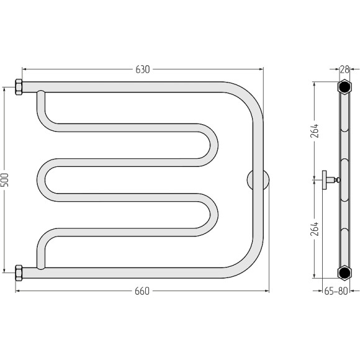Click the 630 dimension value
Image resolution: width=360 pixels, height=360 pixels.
[143, 70]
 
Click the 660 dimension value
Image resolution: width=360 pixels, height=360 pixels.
[142, 291]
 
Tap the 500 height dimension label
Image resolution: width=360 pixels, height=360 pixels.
[4, 180]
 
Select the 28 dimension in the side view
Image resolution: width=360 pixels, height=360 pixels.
[344, 70]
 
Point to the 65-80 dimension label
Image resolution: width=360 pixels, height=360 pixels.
[336, 291]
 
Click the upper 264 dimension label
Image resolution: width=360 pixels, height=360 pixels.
[314, 130]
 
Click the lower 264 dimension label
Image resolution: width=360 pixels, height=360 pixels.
[314, 229]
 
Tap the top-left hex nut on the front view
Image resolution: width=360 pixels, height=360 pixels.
[19, 87]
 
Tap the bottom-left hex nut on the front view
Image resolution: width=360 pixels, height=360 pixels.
[19, 272]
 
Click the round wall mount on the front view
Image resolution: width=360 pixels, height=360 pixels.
[258, 180]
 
